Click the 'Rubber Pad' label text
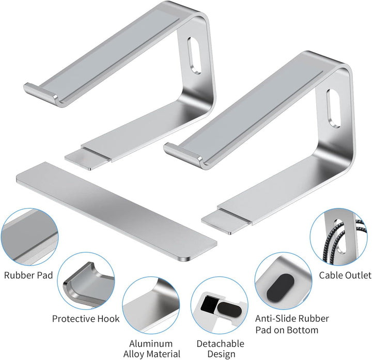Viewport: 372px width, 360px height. pos(28,275)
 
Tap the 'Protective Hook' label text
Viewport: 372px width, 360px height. pos(86,318)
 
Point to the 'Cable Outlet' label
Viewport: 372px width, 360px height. pos(345,275)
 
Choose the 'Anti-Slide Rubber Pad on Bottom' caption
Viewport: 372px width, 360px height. pos(292,324)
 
